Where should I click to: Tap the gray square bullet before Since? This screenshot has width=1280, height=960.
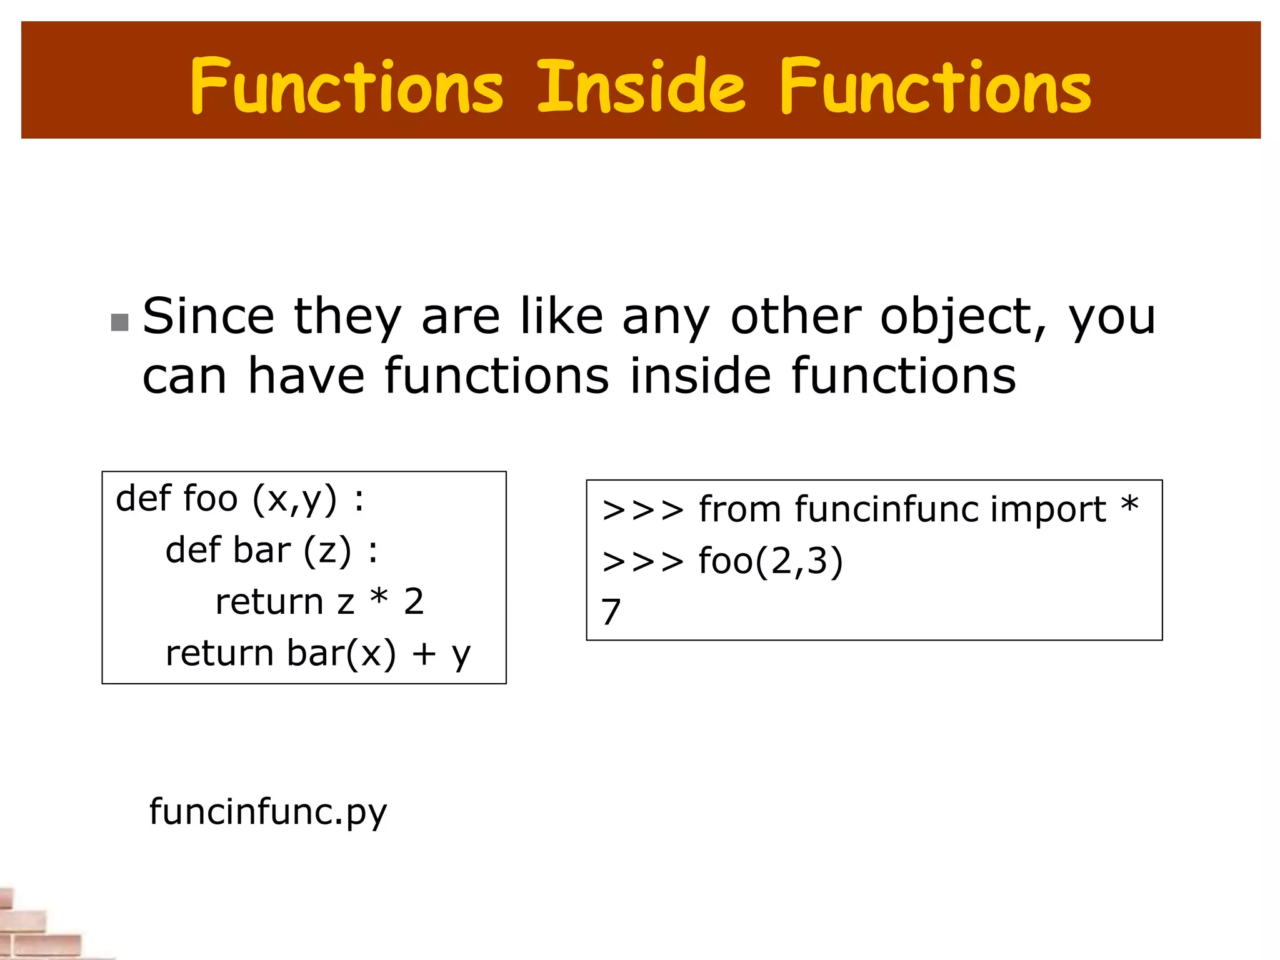119,322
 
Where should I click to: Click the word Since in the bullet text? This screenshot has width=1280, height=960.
208,316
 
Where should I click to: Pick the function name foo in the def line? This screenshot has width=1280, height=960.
211,499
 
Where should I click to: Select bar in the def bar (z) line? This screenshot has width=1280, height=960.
262,551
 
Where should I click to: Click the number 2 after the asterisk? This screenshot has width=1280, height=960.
414,602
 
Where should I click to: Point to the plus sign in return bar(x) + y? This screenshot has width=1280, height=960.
424,654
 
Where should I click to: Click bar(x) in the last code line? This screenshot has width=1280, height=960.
341,654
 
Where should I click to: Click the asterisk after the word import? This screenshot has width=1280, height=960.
1129,504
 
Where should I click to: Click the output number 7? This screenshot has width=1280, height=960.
611,612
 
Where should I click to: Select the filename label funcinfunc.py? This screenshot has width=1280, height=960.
268,812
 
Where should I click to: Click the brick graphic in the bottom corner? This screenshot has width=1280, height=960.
37,925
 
